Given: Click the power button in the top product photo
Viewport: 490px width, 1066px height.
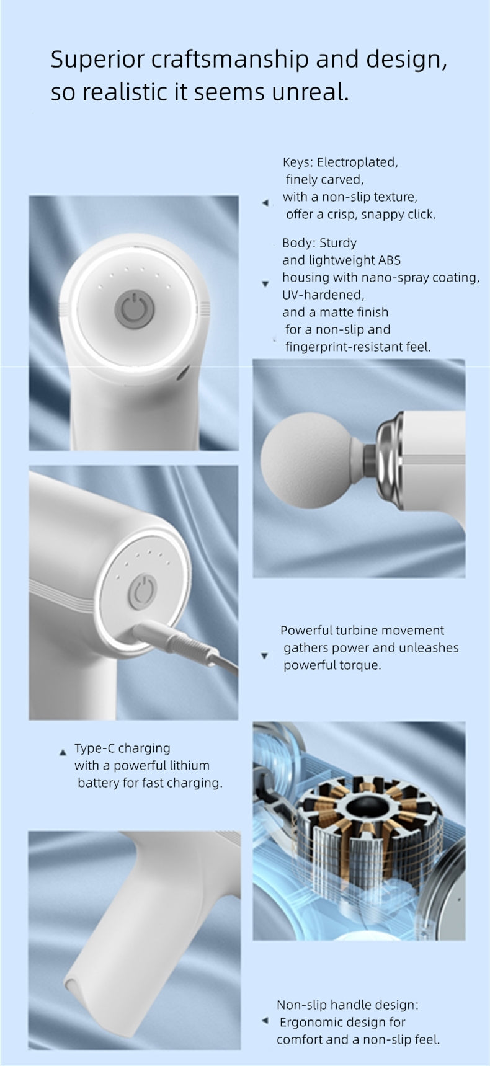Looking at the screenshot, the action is (x=131, y=308).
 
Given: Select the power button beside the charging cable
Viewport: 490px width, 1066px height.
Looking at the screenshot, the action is (x=143, y=591).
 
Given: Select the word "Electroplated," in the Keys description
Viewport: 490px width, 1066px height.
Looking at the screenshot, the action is (x=357, y=162).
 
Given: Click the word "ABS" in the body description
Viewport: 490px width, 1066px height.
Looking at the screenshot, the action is (x=390, y=260).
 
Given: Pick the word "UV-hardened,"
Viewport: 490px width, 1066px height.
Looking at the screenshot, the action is (x=323, y=295).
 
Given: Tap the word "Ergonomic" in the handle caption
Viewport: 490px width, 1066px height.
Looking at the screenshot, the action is (x=308, y=1022).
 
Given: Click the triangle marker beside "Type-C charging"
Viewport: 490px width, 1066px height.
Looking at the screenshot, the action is (x=62, y=753).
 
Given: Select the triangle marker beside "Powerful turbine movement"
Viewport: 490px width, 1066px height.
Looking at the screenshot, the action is (x=264, y=655).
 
